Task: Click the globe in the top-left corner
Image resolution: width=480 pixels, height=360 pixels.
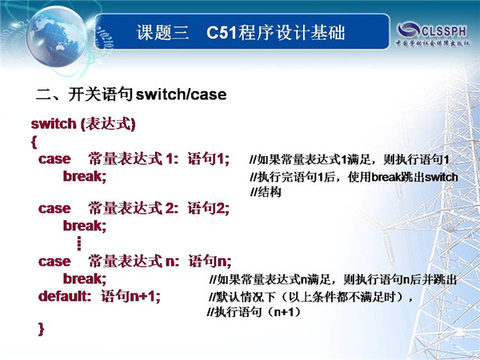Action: (57, 36)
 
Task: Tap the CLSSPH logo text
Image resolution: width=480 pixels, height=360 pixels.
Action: (444, 31)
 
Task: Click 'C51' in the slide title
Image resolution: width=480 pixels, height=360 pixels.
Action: (222, 33)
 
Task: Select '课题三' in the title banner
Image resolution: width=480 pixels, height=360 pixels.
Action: (162, 33)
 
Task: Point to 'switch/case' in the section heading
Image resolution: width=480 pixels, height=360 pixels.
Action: (181, 94)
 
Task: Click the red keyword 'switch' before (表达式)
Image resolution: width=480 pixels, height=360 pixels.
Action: (54, 124)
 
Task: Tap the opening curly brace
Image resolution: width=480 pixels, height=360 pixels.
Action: (34, 142)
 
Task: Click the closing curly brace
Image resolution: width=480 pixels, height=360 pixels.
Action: (42, 330)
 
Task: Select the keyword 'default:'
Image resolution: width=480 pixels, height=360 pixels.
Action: (65, 296)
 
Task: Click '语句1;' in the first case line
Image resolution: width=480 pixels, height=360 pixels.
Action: (209, 159)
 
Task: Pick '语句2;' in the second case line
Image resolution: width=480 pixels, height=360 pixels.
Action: (209, 209)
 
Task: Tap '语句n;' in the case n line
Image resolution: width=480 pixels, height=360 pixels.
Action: (210, 261)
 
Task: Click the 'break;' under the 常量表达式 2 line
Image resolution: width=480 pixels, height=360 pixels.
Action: (85, 226)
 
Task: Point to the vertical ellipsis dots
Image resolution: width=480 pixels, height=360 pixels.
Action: (79, 243)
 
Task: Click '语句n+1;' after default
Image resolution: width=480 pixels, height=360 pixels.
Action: (130, 296)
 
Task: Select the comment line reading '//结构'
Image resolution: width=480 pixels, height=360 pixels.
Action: (266, 192)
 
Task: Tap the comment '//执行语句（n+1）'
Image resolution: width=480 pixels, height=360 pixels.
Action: (254, 312)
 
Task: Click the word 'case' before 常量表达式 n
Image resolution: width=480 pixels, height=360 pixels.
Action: (54, 262)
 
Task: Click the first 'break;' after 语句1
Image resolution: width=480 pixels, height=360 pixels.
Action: (85, 176)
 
